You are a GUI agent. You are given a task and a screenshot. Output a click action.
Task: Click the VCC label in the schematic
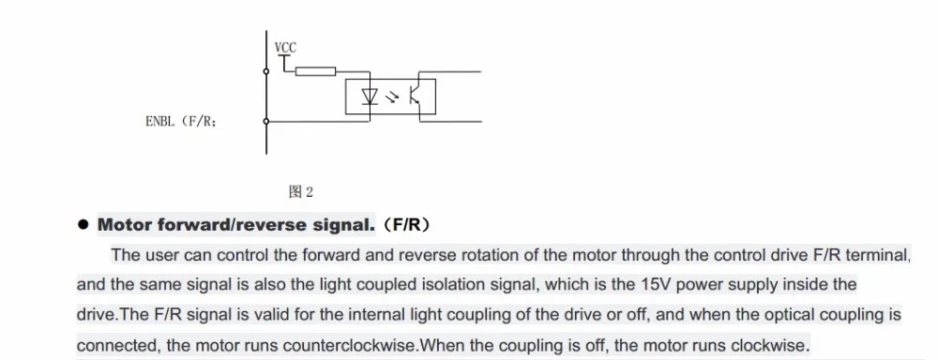285,47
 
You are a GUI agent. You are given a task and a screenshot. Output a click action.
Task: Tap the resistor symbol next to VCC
316,72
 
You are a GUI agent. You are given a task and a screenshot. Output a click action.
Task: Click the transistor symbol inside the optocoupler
415,97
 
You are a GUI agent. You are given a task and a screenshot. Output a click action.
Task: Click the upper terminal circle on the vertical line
266,72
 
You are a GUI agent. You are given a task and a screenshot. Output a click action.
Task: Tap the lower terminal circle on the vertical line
266,121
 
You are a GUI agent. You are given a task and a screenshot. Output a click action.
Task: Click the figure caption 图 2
300,192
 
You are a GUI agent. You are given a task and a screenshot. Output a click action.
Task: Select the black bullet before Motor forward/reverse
83,225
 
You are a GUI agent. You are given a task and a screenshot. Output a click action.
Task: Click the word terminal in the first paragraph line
874,254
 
